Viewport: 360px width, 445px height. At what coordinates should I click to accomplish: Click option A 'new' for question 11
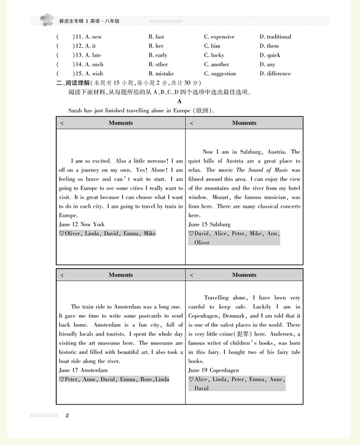(x=93, y=37)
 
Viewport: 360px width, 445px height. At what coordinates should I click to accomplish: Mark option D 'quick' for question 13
(x=270, y=55)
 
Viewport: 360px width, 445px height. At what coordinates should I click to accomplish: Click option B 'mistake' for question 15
(x=161, y=74)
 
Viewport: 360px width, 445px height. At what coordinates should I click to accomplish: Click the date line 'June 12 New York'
(x=81, y=225)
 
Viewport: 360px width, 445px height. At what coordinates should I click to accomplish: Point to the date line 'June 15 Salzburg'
(x=209, y=225)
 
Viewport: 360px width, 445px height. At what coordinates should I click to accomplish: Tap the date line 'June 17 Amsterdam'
(x=83, y=370)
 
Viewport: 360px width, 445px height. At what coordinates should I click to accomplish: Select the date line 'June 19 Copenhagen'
(x=214, y=370)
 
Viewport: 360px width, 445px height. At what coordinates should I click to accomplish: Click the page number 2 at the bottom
(x=67, y=415)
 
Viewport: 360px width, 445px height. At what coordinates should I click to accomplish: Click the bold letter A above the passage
(x=180, y=101)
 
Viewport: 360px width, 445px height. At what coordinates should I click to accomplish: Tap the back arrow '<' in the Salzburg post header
(x=191, y=123)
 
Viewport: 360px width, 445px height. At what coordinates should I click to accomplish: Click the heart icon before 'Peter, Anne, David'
(x=61, y=379)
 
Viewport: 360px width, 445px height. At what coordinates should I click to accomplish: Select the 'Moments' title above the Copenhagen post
(x=244, y=275)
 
